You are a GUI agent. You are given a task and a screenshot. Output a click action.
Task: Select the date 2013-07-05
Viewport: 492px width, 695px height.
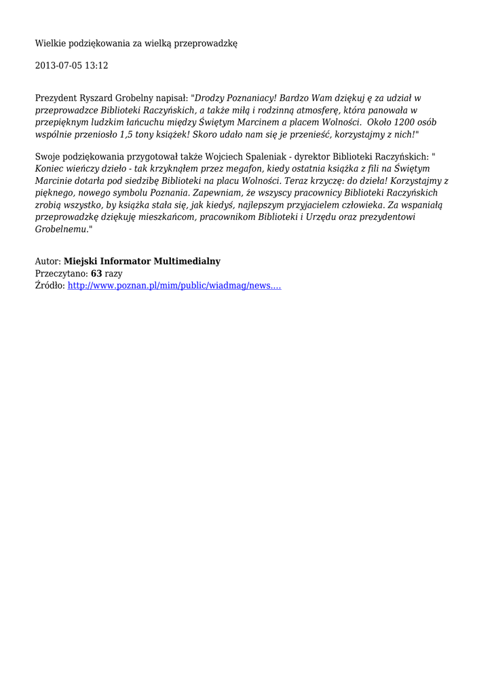coord(58,66)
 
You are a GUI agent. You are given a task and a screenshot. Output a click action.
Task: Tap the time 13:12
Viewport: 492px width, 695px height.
coord(96,66)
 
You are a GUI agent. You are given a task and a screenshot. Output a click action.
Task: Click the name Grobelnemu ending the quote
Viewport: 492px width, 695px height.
coord(60,229)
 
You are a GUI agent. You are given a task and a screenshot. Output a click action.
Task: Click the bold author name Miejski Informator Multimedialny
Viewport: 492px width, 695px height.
coord(142,261)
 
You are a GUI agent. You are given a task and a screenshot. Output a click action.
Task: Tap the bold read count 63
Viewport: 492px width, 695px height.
coord(96,274)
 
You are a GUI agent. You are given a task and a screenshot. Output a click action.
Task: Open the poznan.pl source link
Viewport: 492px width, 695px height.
coord(174,286)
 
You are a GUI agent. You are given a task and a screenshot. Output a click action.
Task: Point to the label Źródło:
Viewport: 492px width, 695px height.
coord(50,286)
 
